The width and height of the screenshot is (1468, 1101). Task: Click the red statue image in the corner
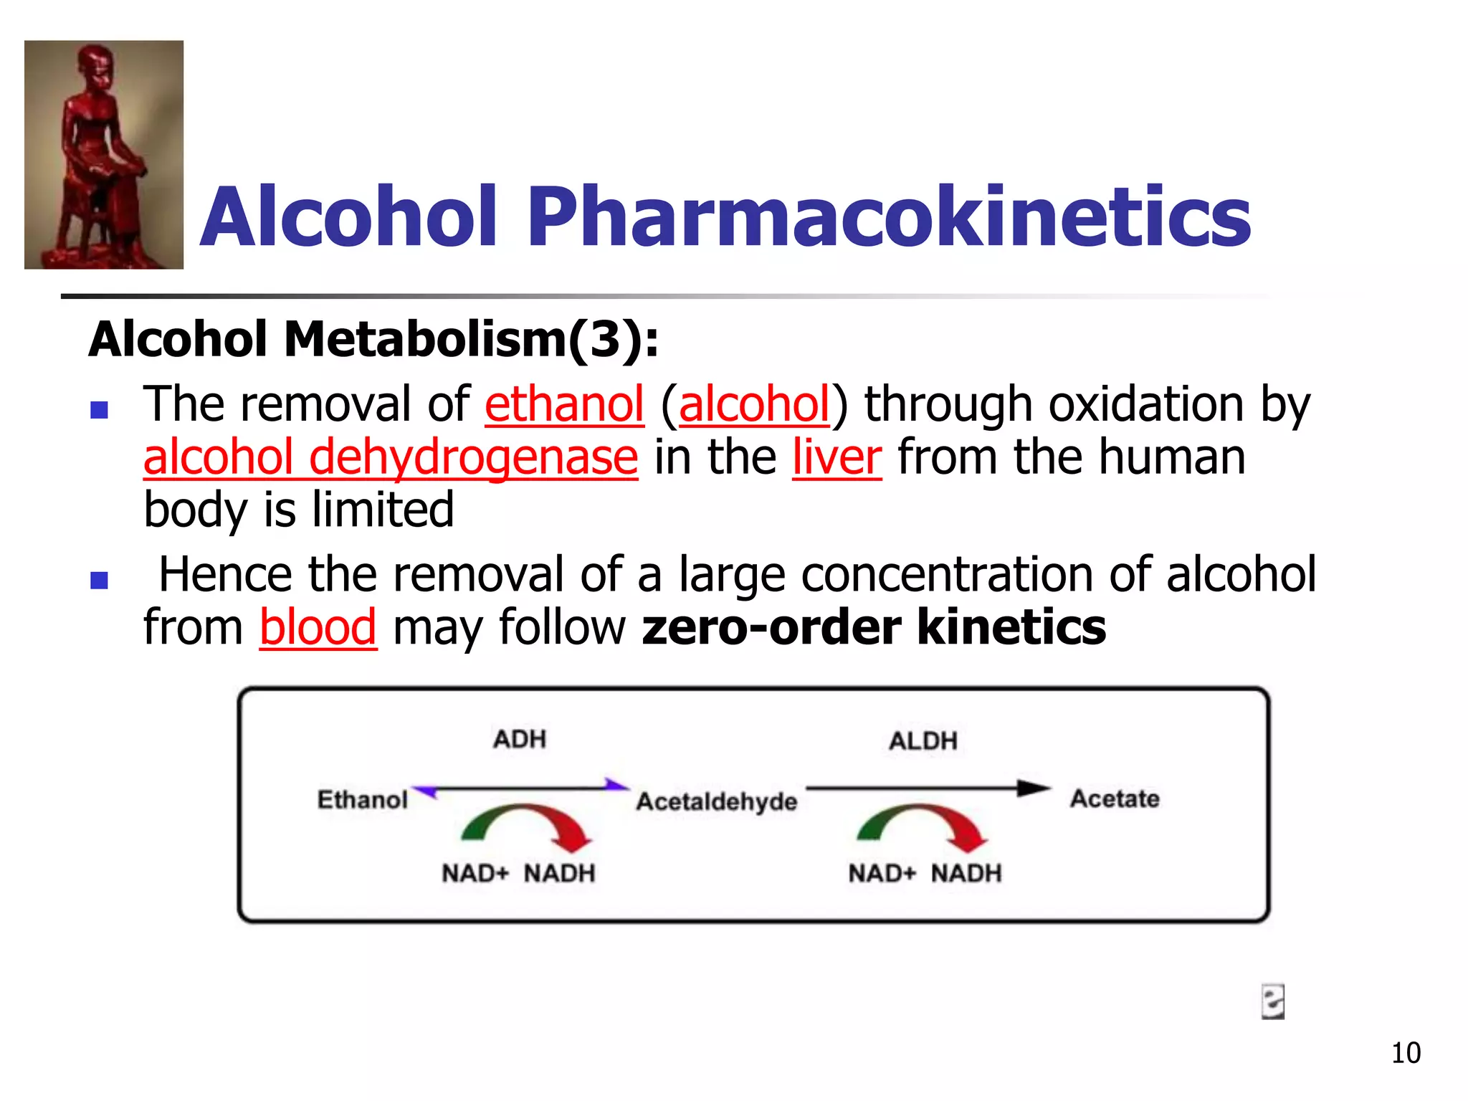point(104,155)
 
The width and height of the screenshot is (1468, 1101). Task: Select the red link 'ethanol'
point(564,404)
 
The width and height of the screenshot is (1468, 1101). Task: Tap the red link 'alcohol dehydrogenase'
point(391,457)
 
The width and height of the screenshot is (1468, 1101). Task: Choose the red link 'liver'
point(837,457)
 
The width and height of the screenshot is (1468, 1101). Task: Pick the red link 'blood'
point(318,628)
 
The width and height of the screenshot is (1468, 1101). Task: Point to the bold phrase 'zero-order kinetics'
point(874,628)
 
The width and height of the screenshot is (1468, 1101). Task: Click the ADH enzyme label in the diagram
point(520,739)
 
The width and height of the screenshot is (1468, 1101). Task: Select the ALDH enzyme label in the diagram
point(923,741)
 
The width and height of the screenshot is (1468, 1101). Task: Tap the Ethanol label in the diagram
point(363,800)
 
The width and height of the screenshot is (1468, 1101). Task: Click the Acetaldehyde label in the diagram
point(717,801)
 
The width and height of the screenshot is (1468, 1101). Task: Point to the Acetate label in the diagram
point(1115,799)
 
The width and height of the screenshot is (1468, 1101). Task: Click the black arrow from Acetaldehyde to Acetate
point(928,788)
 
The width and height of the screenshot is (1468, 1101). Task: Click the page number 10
point(1406,1053)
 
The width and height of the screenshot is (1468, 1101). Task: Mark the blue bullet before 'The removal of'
point(99,410)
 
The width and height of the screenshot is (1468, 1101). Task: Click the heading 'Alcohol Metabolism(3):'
point(373,339)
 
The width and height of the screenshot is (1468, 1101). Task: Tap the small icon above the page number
point(1272,1001)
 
